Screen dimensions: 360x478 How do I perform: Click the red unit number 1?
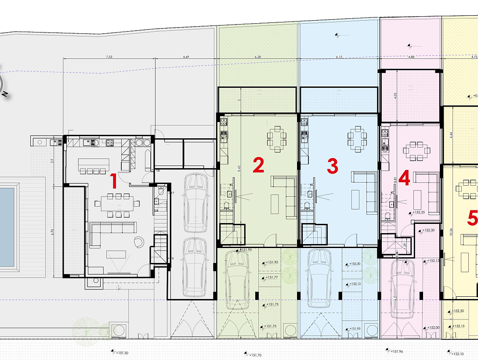(x=113, y=180)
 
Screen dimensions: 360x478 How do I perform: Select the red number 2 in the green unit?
(x=258, y=166)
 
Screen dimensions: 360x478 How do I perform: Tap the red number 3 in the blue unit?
(x=333, y=166)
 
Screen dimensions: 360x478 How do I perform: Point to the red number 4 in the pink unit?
(x=405, y=178)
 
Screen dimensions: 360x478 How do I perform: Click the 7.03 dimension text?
(x=109, y=57)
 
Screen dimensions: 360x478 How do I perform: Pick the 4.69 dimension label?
(x=186, y=57)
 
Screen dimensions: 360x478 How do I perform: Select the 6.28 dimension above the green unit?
(x=258, y=57)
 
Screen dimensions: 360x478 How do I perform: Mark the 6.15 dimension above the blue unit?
(x=339, y=57)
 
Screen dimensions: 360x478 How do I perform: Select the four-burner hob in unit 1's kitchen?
(x=109, y=142)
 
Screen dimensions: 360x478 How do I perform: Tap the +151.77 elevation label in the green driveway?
(x=272, y=277)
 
